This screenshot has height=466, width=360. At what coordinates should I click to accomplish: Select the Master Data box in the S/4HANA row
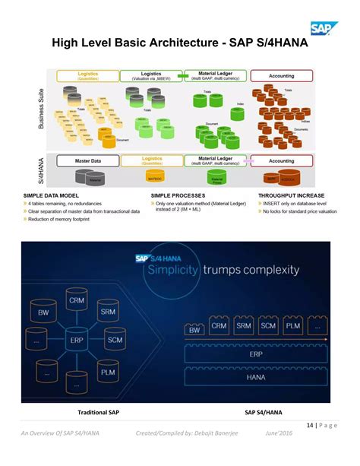point(94,160)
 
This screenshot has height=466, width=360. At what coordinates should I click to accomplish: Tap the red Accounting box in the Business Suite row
point(282,75)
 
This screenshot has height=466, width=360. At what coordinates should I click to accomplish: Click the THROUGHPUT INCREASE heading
point(286,195)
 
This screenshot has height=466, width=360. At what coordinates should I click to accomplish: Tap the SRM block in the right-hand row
point(243,326)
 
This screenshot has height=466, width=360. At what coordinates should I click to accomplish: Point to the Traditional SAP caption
point(99,413)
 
